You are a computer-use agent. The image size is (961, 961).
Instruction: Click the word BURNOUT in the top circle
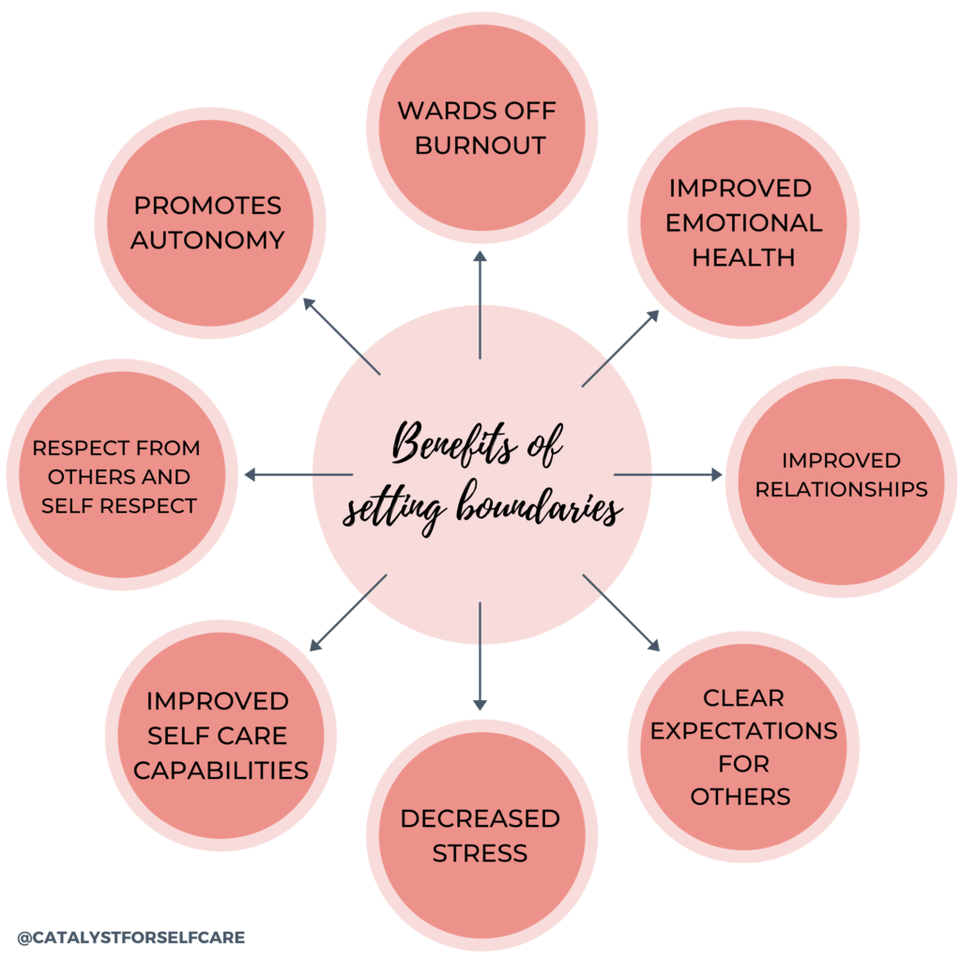click(x=480, y=145)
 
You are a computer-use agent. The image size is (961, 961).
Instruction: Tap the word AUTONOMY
click(x=207, y=239)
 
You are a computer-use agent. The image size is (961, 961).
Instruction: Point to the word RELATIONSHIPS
click(x=841, y=489)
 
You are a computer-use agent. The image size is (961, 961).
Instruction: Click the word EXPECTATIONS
click(x=743, y=731)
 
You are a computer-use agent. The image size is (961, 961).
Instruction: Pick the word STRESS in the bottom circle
click(x=480, y=853)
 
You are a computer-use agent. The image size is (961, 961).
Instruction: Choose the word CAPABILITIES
click(x=221, y=770)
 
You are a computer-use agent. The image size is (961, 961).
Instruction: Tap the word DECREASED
click(x=480, y=818)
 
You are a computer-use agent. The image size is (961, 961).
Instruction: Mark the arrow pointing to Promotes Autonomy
click(x=342, y=337)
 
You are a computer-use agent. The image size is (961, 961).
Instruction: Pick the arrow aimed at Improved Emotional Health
click(x=620, y=348)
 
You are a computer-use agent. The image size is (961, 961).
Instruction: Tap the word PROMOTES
click(x=207, y=205)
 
